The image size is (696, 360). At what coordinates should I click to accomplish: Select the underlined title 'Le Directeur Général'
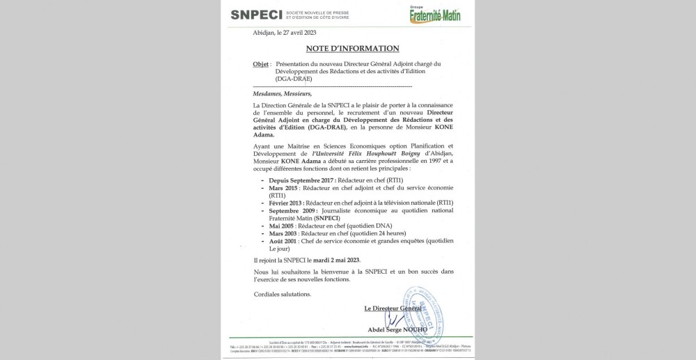tap(393, 308)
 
